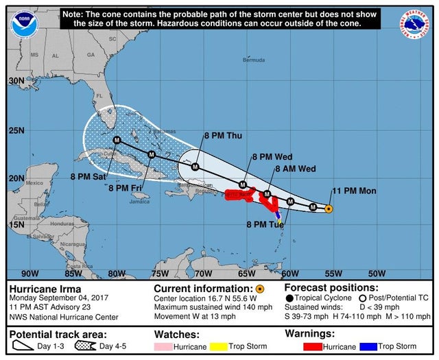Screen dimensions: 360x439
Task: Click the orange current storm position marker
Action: click(329, 208)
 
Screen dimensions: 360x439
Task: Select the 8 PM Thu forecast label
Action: click(223, 135)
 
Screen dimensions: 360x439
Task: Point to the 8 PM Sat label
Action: click(88, 176)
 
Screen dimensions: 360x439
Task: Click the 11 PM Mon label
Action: click(354, 190)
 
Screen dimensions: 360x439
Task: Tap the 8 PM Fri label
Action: click(127, 187)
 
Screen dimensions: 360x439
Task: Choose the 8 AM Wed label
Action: click(296, 168)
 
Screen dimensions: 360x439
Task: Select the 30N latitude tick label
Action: click(16, 81)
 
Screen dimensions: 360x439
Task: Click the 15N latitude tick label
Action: click(16, 224)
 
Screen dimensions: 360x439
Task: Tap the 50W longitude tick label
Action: click(377, 274)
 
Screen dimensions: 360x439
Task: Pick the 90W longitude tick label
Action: click(29, 274)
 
